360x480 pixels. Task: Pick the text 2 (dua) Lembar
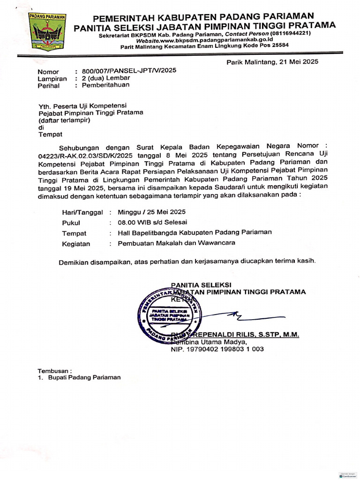point(106,78)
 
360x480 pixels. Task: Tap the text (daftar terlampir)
point(64,120)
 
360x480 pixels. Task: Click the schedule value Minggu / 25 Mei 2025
point(152,211)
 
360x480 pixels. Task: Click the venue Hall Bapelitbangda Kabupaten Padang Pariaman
point(195,232)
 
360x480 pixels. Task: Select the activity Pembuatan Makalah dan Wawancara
point(176,243)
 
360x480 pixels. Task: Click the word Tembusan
point(54,370)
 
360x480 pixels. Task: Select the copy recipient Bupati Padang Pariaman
point(84,377)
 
